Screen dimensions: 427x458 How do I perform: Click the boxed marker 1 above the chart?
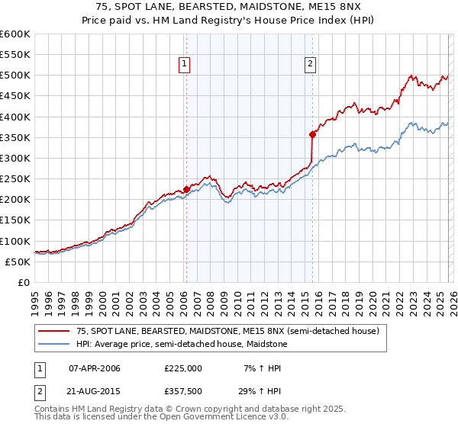(x=185, y=65)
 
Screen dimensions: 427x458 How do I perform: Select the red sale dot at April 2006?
(x=186, y=190)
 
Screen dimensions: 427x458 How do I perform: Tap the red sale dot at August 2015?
(x=312, y=135)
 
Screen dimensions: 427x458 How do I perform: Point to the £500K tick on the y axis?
(x=15, y=75)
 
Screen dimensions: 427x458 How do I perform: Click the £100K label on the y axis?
(x=15, y=241)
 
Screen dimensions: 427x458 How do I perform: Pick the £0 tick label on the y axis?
(x=24, y=282)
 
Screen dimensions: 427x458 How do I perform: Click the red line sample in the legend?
(x=53, y=331)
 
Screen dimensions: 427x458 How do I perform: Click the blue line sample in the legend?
(x=53, y=345)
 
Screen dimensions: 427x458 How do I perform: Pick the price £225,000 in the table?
(x=183, y=368)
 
